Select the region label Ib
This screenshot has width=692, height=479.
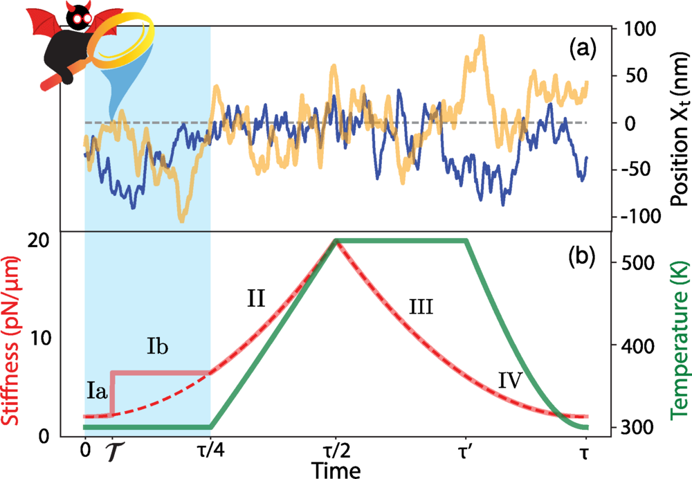(157, 345)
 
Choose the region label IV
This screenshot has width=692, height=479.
(509, 379)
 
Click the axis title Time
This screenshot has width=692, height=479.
(336, 471)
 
